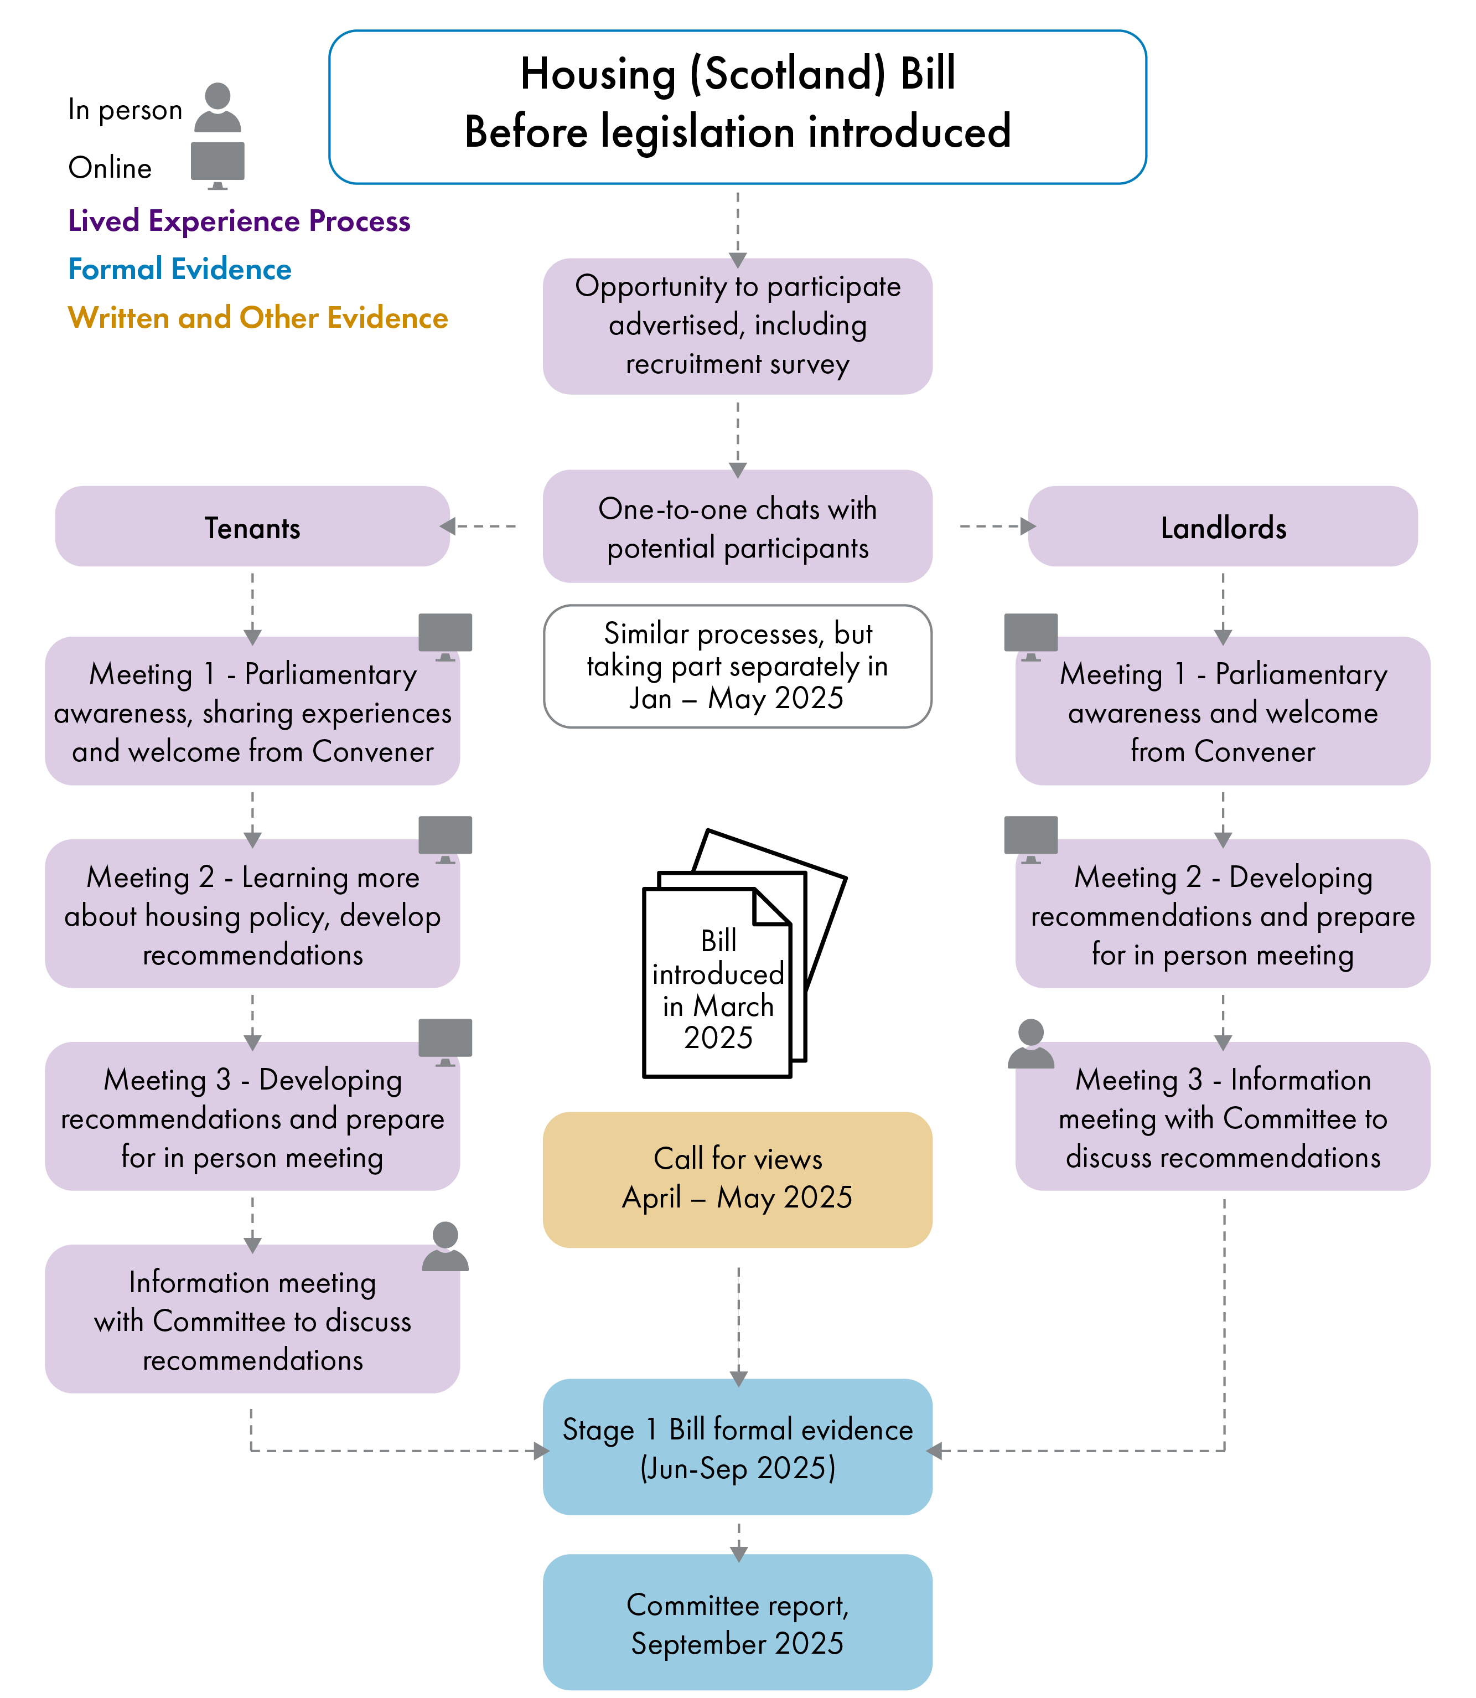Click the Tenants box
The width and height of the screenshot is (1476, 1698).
tap(252, 527)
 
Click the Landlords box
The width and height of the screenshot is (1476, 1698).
tap(1223, 527)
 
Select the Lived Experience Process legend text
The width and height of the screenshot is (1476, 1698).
tap(239, 221)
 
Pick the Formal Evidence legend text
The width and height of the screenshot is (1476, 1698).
tap(179, 270)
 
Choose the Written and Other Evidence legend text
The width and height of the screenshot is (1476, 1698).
tap(258, 318)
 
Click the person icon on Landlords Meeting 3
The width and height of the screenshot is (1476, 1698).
tap(1030, 1043)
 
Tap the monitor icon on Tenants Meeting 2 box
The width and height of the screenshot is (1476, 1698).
tap(445, 837)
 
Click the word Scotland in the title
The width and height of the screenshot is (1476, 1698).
tap(786, 74)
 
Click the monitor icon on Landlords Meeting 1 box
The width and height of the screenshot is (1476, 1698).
tap(1030, 634)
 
